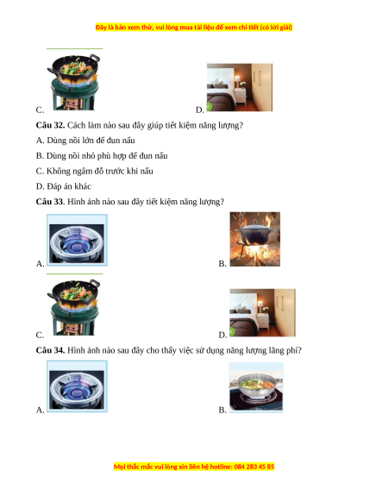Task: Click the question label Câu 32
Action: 50,125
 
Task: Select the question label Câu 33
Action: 50,202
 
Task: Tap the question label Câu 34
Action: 50,350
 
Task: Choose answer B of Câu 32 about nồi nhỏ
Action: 102,156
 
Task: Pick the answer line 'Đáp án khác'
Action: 64,186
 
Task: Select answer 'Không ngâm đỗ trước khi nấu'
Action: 95,172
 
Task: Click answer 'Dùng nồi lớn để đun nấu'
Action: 85,141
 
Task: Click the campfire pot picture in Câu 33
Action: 255,239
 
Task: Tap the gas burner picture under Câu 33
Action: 77,240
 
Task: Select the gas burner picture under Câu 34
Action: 77,386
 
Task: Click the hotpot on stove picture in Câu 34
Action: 256,387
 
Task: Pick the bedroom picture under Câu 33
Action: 262,312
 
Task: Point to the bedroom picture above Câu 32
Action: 240,87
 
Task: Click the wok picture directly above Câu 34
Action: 74,305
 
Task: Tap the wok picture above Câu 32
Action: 74,81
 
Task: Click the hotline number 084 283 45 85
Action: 254,467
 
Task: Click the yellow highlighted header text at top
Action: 194,28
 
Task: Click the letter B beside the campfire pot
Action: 222,263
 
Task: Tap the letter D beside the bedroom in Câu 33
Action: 222,335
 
